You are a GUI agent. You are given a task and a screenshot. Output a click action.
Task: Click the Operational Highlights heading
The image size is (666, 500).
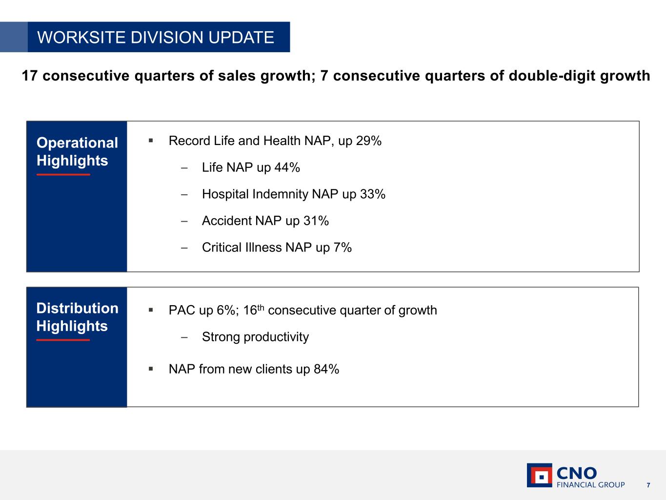coord(77,151)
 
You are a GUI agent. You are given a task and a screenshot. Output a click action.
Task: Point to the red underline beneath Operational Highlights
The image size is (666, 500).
coord(63,174)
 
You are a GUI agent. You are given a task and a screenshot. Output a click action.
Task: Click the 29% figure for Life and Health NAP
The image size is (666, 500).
coord(369,141)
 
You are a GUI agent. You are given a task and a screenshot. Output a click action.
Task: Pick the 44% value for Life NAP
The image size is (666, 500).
coord(287,167)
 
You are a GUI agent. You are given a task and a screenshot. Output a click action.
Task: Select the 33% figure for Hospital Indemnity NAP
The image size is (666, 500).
coord(373,194)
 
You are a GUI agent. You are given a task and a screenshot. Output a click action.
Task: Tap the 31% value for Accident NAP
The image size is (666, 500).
coord(316,221)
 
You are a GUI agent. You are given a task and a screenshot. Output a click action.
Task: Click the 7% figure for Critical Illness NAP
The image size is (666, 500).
coord(343,248)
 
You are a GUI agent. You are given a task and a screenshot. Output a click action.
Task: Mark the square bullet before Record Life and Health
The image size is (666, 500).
coord(151,141)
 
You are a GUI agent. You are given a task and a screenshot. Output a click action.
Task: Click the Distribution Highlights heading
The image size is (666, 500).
coord(77,317)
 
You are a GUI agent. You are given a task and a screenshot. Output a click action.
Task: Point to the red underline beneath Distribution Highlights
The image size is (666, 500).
coord(63,340)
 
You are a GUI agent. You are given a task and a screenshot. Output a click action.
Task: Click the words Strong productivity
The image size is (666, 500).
coord(256,337)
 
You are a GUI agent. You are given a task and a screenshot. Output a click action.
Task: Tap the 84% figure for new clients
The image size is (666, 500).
coord(326,369)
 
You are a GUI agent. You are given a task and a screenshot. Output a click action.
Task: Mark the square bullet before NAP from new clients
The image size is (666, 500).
coord(151,369)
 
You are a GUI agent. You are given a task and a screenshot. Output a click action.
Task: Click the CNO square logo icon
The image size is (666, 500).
coord(540,475)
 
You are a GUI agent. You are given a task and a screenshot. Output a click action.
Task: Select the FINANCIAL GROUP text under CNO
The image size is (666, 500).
coord(591,484)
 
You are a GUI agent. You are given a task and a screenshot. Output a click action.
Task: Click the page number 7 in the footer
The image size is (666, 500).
coord(648,485)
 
